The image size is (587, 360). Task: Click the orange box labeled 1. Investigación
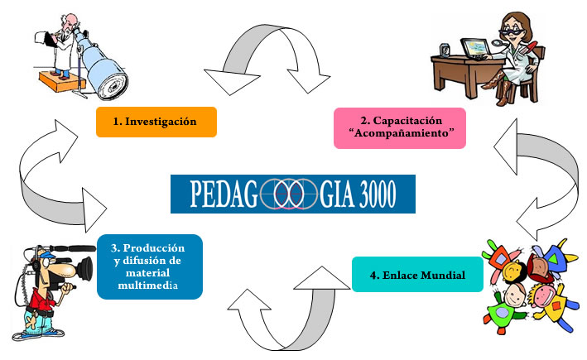pos(156,122)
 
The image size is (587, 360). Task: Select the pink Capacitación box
pos(399,127)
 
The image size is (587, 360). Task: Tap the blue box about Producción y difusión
pos(149,266)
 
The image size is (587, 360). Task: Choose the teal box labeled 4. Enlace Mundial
pos(417,274)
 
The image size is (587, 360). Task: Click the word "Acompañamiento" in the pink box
pos(400,135)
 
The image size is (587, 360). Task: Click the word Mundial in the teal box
pos(439,274)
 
